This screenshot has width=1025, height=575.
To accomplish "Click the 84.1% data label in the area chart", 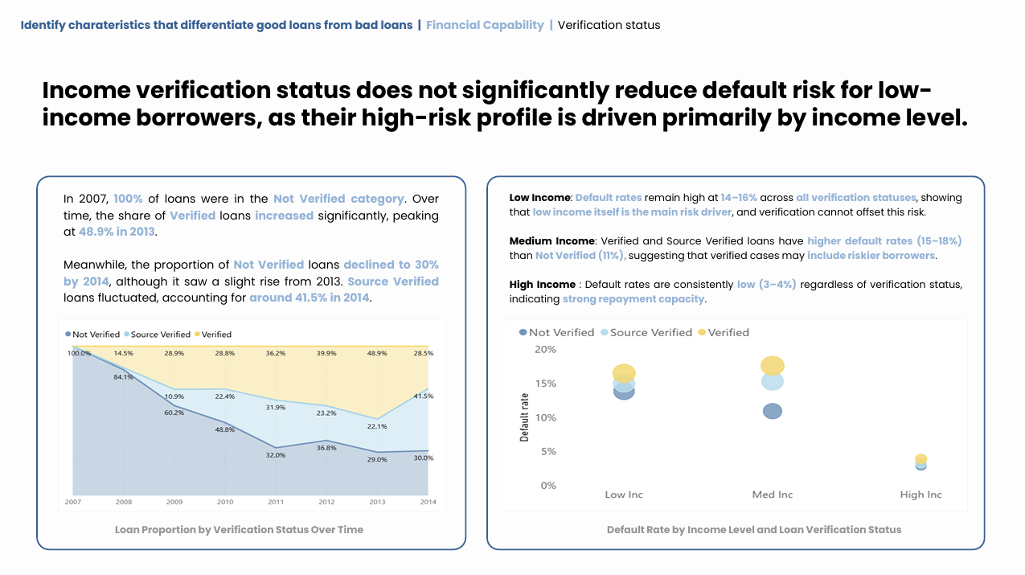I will pyautogui.click(x=123, y=377).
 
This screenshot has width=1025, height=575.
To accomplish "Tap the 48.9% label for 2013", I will pyautogui.click(x=377, y=353).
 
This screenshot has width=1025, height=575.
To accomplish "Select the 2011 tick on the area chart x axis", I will pyautogui.click(x=276, y=502).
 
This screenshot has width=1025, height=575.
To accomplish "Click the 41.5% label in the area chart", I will pyautogui.click(x=424, y=396).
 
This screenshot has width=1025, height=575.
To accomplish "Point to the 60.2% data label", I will pyautogui.click(x=174, y=413).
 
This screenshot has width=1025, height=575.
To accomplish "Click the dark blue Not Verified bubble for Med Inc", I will pyautogui.click(x=772, y=411).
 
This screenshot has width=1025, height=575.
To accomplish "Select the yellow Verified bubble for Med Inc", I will pyautogui.click(x=772, y=366).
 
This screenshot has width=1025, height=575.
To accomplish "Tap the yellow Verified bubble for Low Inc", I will pyautogui.click(x=624, y=373).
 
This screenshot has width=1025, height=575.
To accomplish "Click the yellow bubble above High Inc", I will pyautogui.click(x=920, y=459).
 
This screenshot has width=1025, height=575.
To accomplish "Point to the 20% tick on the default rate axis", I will pyautogui.click(x=545, y=349).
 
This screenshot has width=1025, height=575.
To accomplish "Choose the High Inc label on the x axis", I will pyautogui.click(x=920, y=495).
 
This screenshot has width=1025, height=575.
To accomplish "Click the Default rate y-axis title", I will pyautogui.click(x=525, y=417).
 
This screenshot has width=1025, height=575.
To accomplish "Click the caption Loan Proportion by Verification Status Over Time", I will pyautogui.click(x=239, y=530).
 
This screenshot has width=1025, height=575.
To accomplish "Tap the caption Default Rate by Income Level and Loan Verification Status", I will pyautogui.click(x=754, y=530).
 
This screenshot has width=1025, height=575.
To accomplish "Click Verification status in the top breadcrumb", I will pyautogui.click(x=609, y=25).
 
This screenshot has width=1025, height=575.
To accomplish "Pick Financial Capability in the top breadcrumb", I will pyautogui.click(x=485, y=25).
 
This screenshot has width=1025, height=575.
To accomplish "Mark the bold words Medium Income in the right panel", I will pyautogui.click(x=552, y=241).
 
